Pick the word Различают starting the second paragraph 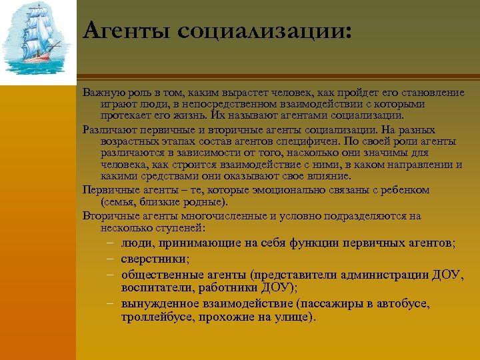(106, 129)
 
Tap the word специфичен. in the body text (307, 141)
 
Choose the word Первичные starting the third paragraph (107, 190)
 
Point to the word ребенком (403, 190)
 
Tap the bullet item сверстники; (155, 259)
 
